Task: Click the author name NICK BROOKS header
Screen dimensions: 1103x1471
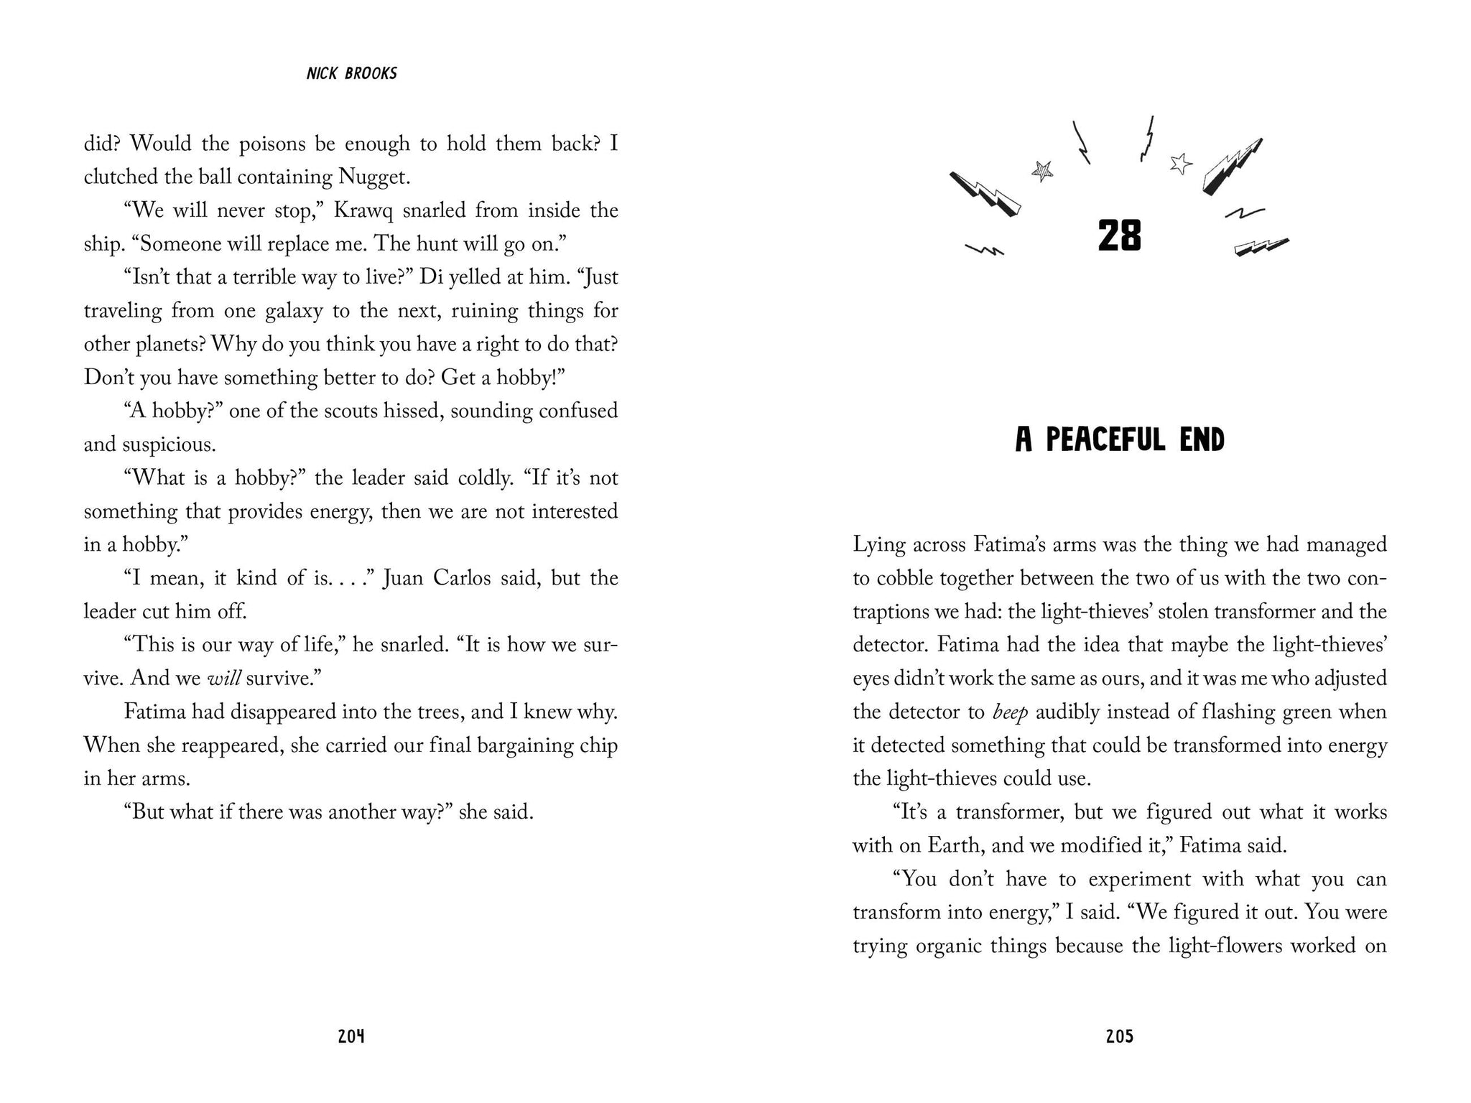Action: click(x=351, y=73)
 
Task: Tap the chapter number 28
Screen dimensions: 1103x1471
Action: click(x=1119, y=236)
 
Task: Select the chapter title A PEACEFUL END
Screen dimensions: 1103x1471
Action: click(x=1119, y=440)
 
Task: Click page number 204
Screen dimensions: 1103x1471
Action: click(x=351, y=1036)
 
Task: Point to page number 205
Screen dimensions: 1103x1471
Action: click(x=1119, y=1036)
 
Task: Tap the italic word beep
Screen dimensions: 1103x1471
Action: click(x=1010, y=712)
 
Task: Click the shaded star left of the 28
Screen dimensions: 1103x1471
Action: click(x=1042, y=171)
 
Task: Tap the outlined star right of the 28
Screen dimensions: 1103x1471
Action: click(x=1179, y=164)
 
